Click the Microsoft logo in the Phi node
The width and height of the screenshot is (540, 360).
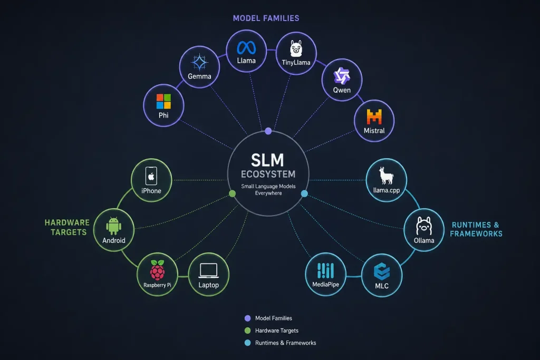click(163, 101)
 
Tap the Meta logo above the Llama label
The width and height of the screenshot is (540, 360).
click(246, 48)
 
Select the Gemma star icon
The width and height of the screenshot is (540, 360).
click(199, 62)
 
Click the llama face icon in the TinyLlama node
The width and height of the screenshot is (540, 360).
click(296, 48)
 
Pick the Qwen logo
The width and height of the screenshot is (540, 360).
click(342, 76)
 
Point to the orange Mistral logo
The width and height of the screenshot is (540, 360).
click(374, 116)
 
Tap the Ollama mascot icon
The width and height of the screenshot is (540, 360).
click(424, 226)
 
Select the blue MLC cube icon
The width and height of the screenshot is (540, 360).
click(382, 271)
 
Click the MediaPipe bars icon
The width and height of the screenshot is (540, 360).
click(325, 270)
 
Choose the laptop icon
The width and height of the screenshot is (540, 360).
click(209, 270)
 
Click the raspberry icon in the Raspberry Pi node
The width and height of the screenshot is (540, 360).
click(157, 270)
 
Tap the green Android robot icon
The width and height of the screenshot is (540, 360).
click(114, 226)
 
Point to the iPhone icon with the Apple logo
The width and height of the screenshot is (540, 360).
click(151, 176)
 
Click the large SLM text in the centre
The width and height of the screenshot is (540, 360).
click(267, 160)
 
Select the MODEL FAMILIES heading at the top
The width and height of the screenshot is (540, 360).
click(266, 18)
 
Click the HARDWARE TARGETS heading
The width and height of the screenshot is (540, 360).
click(67, 228)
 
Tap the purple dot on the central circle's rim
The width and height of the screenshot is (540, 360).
click(268, 131)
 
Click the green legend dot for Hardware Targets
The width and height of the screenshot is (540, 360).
click(247, 330)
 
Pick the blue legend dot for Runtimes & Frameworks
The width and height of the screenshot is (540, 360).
click(247, 343)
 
